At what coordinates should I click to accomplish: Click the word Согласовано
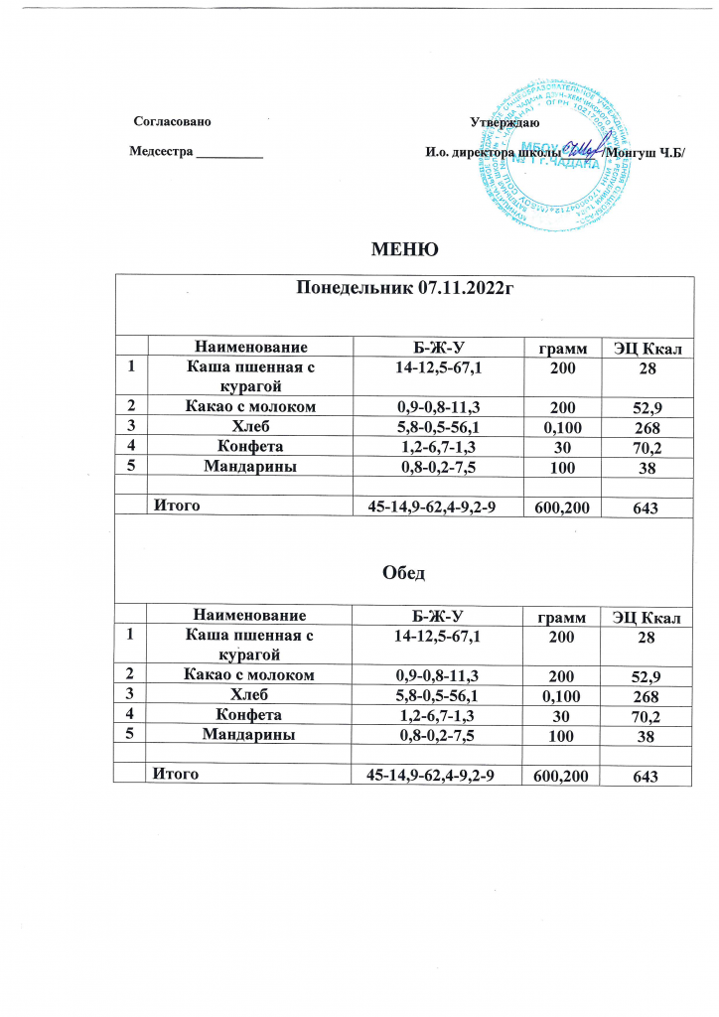click(173, 123)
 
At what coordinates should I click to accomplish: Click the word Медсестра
click(162, 152)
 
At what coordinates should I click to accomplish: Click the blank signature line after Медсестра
click(230, 153)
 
